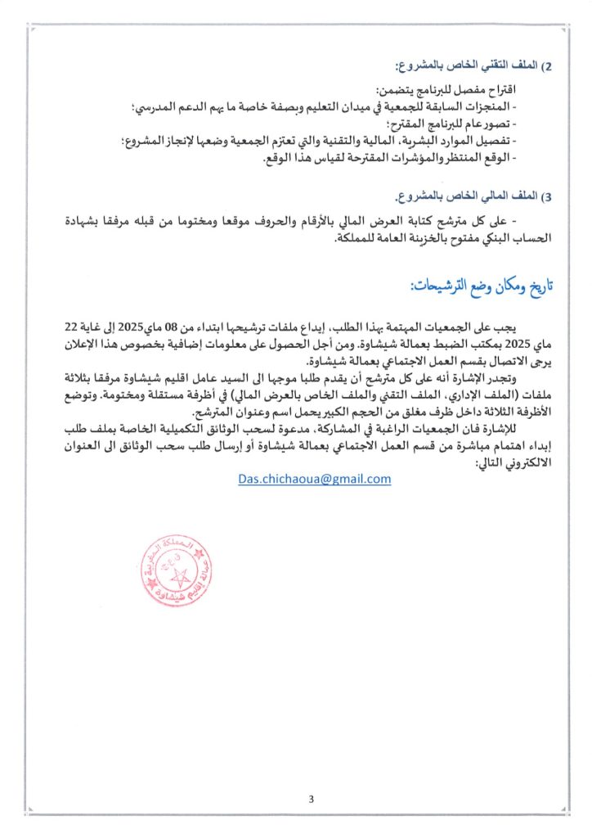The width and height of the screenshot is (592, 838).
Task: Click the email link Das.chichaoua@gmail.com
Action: pos(315,479)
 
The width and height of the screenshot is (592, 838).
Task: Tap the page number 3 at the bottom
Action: pos(311,799)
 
